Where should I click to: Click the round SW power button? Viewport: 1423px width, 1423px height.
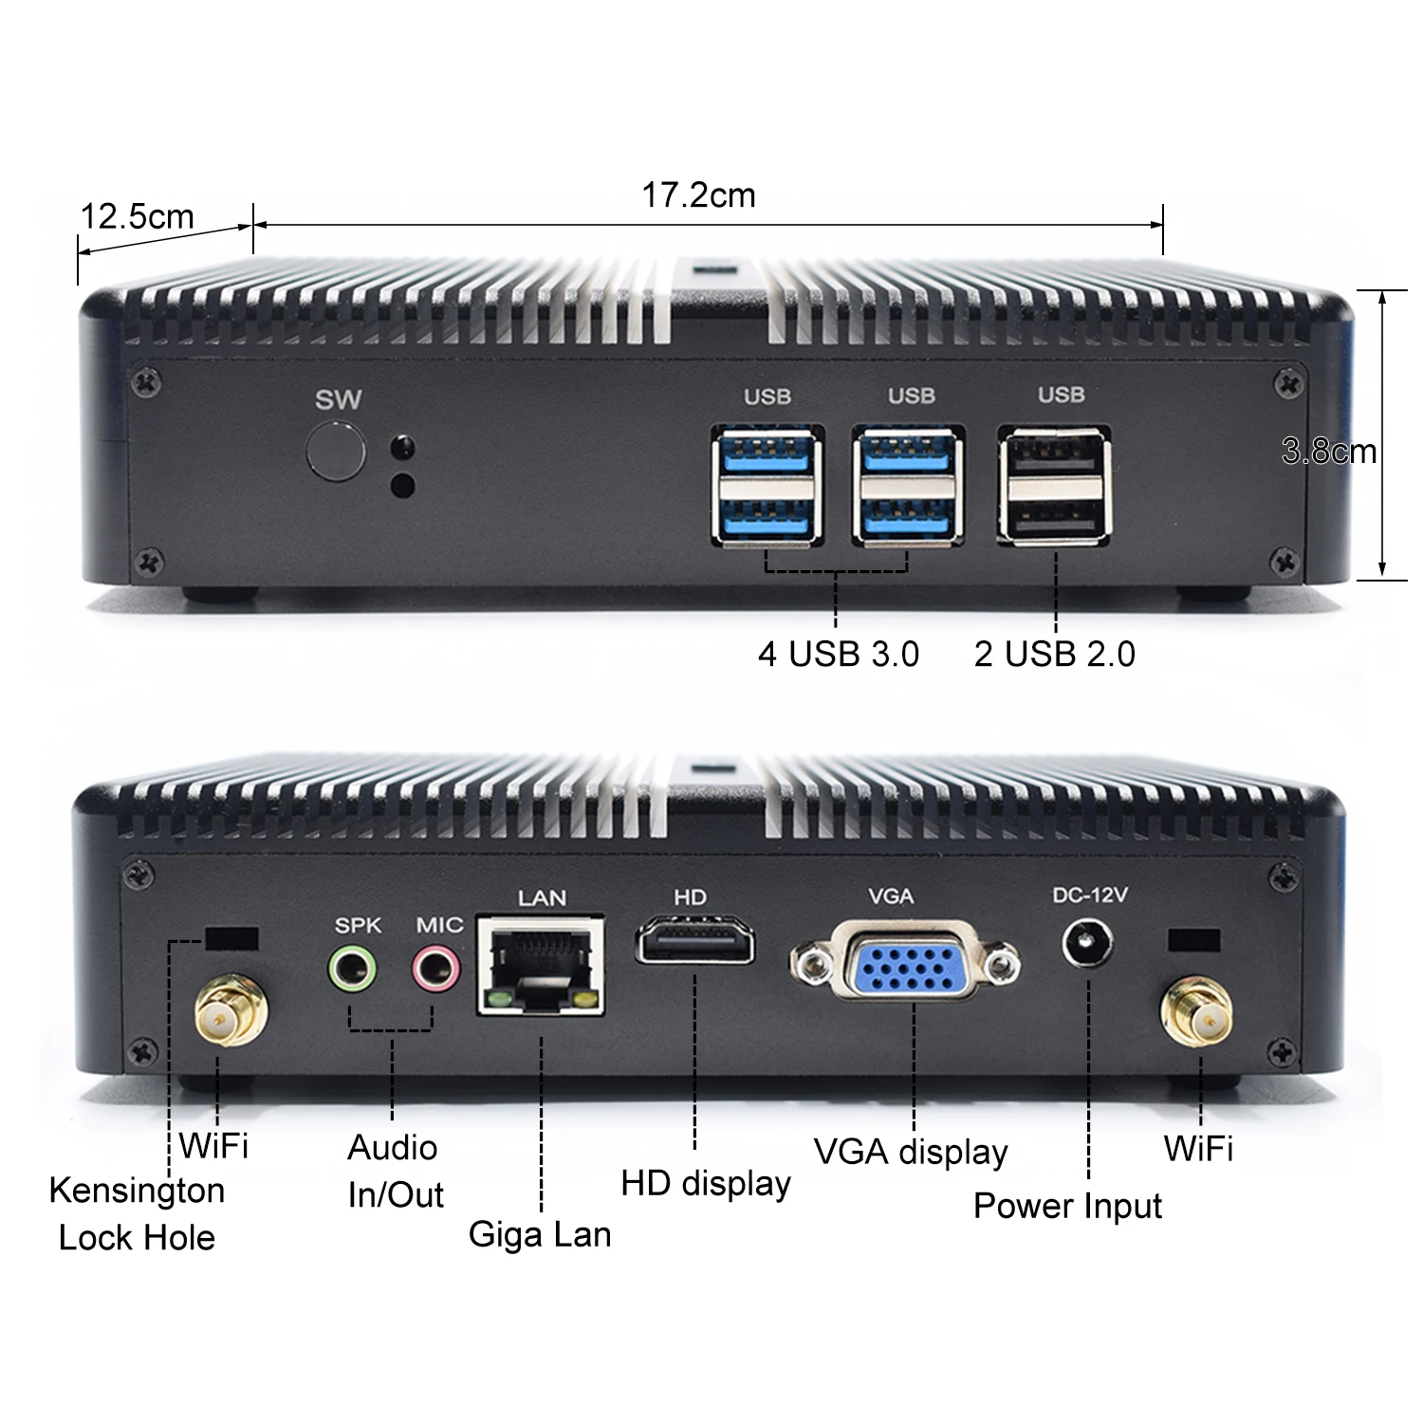[x=336, y=453]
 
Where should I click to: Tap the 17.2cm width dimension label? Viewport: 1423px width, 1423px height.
[x=698, y=195]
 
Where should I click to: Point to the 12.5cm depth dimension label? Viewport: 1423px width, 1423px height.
[x=137, y=216]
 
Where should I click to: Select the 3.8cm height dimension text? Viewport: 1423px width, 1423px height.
[x=1328, y=451]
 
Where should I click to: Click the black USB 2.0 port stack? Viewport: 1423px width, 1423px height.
[x=1054, y=486]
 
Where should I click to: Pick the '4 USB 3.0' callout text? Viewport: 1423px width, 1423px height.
[x=838, y=654]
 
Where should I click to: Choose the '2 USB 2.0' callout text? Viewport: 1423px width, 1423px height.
[x=1054, y=654]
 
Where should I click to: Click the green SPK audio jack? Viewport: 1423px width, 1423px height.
[x=352, y=969]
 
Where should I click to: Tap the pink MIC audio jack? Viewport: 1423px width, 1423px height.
[x=434, y=969]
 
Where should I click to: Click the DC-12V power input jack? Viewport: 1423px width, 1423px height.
[x=1087, y=945]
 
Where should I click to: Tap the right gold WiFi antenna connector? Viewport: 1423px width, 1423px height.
[x=1198, y=1015]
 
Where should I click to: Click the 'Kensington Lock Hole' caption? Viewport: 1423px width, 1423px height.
[x=137, y=1213]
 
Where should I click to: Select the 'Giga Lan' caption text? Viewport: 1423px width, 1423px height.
[x=540, y=1234]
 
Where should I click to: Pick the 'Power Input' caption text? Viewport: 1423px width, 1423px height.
[x=1067, y=1206]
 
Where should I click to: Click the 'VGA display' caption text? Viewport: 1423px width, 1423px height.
[x=911, y=1152]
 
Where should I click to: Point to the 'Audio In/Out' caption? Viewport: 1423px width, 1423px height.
[x=394, y=1171]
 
